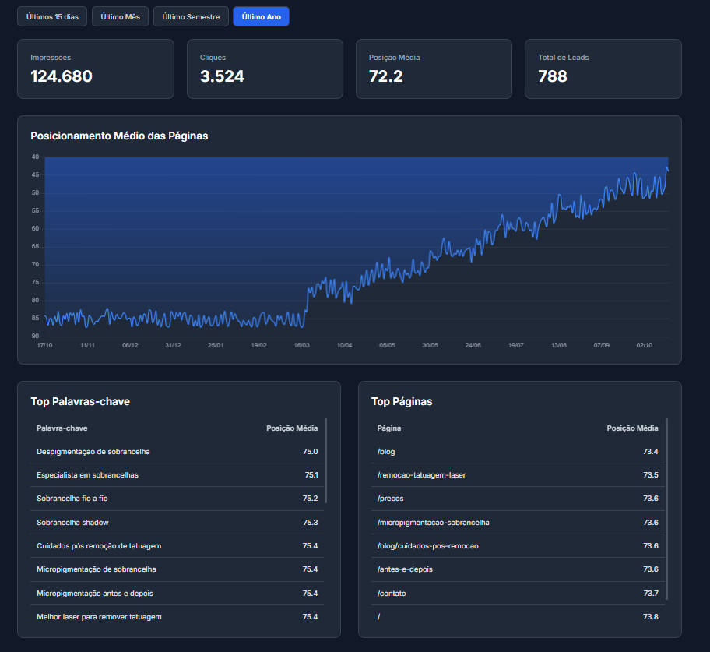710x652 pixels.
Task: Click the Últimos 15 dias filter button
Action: pos(52,16)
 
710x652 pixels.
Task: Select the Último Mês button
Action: pos(121,16)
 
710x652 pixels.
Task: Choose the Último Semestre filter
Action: pos(191,16)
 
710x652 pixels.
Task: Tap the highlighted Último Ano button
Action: pos(261,16)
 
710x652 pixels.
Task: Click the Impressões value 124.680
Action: pos(62,76)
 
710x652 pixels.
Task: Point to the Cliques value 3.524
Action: pos(222,76)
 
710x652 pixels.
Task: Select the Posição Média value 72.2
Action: pos(385,76)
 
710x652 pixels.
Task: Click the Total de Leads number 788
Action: pos(553,76)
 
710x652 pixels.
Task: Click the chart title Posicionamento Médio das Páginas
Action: pos(119,136)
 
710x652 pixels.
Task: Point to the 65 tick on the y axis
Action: pos(35,246)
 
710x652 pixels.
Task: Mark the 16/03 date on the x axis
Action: pos(301,344)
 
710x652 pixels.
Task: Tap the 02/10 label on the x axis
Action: pos(644,344)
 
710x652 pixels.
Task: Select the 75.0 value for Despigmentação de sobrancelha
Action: pos(310,452)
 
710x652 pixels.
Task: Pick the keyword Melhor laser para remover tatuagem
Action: pos(99,617)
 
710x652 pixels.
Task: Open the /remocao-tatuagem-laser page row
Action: pos(421,475)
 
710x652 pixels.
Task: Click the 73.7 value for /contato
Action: pos(650,594)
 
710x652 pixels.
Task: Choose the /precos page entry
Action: pos(390,499)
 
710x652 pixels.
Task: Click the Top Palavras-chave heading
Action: pos(80,401)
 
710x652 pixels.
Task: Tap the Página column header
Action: pos(389,428)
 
